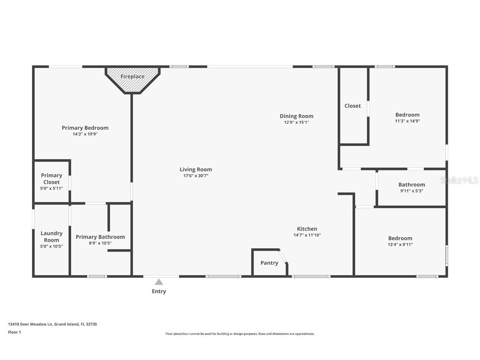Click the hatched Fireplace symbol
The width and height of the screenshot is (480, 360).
pyautogui.click(x=132, y=80)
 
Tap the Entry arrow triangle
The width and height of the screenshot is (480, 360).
pyautogui.click(x=159, y=282)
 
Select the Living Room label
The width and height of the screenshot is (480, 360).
pyautogui.click(x=196, y=169)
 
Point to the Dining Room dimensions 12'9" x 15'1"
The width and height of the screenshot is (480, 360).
pyautogui.click(x=296, y=122)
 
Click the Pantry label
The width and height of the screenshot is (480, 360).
pyautogui.click(x=269, y=263)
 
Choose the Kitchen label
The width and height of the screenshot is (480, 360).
pyautogui.click(x=307, y=229)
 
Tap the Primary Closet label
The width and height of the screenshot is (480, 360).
pyautogui.click(x=52, y=179)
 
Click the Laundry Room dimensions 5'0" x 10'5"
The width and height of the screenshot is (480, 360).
pyautogui.click(x=52, y=246)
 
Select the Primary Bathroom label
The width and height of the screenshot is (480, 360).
pyautogui.click(x=100, y=237)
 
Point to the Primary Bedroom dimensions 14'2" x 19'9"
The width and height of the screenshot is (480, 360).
pyautogui.click(x=85, y=134)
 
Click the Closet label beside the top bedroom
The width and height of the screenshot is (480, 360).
pyautogui.click(x=352, y=106)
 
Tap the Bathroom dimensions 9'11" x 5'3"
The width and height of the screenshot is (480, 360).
pyautogui.click(x=412, y=191)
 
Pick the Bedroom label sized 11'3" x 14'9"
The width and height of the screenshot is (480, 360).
pyautogui.click(x=407, y=115)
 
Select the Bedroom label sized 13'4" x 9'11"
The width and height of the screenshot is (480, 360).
pyautogui.click(x=400, y=238)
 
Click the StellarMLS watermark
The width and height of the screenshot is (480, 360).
pyautogui.click(x=460, y=180)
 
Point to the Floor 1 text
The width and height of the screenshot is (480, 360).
pyautogui.click(x=15, y=332)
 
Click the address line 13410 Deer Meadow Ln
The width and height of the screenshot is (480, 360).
pyautogui.click(x=52, y=324)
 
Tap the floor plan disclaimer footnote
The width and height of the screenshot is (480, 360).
pyautogui.click(x=240, y=334)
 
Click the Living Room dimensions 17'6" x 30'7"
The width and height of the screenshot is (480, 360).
pyautogui.click(x=196, y=176)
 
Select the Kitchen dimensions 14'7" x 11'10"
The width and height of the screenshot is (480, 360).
pyautogui.click(x=307, y=235)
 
